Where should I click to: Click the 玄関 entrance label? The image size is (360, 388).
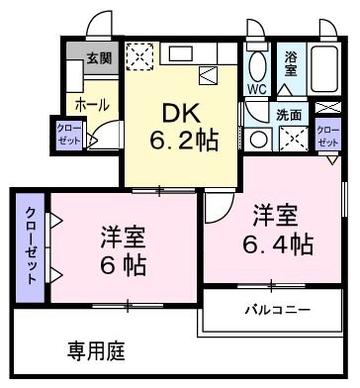(x=98, y=57)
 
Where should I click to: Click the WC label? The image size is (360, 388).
(x=256, y=88)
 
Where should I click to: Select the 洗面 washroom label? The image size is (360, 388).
(x=290, y=115)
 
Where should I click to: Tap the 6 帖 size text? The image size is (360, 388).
(x=124, y=263)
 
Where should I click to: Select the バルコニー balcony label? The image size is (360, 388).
(x=278, y=310)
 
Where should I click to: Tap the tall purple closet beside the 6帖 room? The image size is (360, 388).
(x=31, y=244)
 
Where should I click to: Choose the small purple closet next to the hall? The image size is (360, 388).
(x=68, y=135)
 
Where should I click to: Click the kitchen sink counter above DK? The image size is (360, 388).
(x=193, y=52)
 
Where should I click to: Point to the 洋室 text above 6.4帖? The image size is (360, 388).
(x=274, y=213)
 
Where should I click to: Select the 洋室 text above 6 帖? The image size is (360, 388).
(x=124, y=238)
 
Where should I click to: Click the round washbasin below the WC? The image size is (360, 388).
(x=255, y=139)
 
